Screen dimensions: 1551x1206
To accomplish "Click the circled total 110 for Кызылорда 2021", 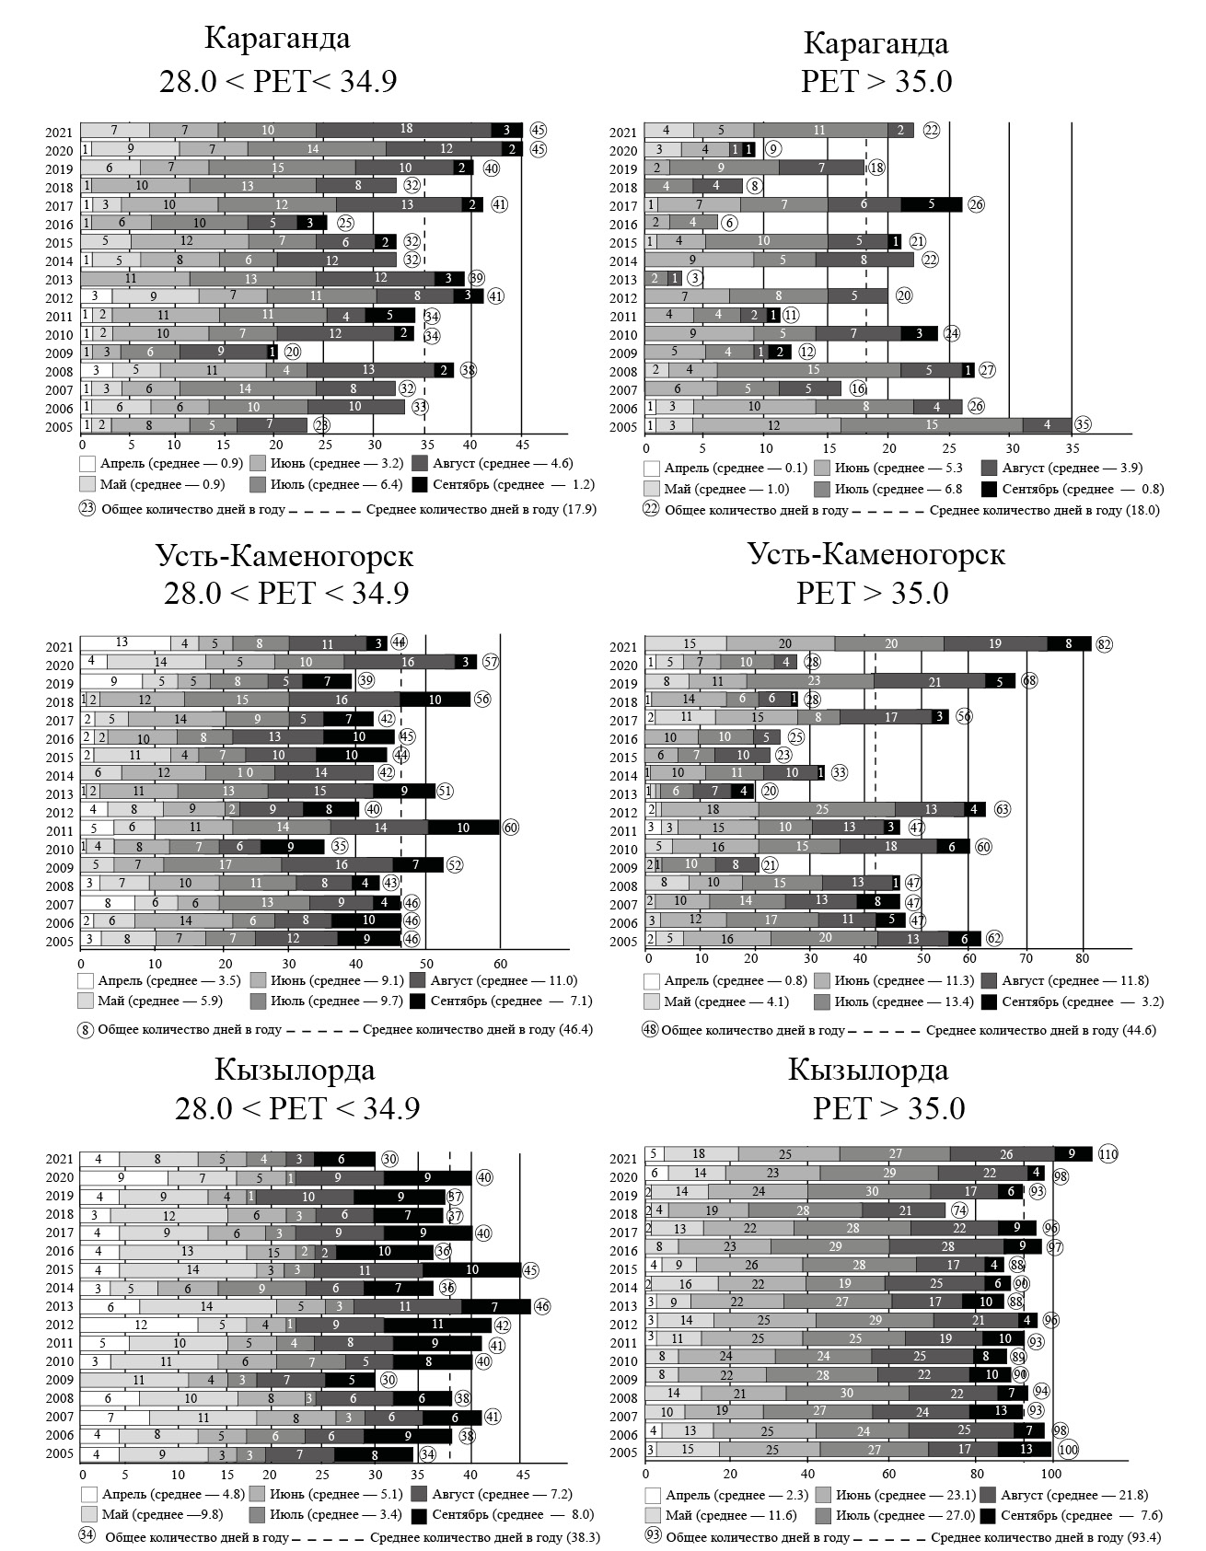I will point(1107,1154).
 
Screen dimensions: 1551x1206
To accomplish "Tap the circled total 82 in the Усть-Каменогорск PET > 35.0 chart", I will point(1105,644).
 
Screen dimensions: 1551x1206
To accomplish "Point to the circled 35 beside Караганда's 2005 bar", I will point(1083,425).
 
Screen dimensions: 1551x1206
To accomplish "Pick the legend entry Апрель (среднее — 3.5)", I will point(162,980).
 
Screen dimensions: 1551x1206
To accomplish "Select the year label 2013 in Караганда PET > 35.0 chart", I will point(622,280).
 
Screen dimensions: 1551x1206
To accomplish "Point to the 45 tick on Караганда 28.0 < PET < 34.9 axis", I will point(521,442).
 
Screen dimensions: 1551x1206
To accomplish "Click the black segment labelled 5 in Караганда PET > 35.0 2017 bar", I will point(932,204).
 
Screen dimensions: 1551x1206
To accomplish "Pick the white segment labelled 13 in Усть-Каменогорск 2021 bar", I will point(122,643).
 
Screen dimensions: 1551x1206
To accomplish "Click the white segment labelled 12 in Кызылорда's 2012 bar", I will point(140,1325).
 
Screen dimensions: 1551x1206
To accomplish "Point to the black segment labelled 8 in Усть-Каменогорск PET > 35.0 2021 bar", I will point(1069,644).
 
